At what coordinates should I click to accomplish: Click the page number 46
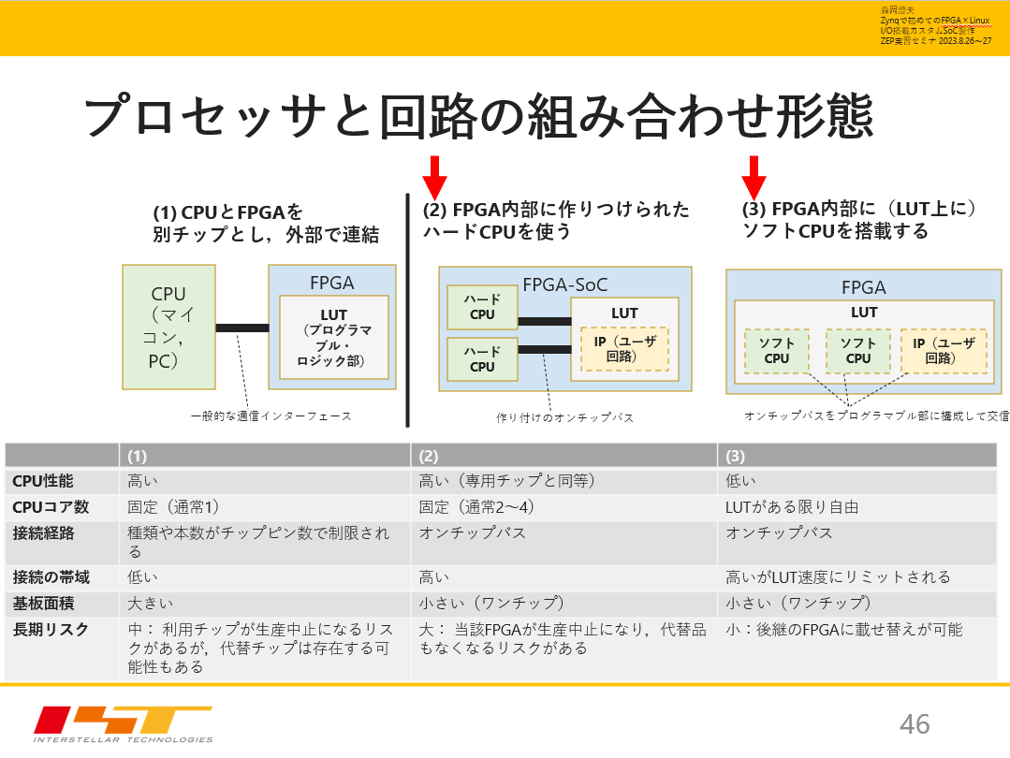click(915, 722)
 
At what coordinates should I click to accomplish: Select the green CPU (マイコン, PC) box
click(168, 327)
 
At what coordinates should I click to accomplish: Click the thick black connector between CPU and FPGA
click(242, 328)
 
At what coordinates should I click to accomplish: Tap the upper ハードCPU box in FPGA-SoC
click(482, 307)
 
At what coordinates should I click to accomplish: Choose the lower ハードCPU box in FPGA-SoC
click(482, 359)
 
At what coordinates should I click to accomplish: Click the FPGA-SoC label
click(564, 284)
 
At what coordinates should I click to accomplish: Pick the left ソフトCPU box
click(776, 351)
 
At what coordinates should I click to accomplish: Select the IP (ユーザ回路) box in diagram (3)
click(944, 351)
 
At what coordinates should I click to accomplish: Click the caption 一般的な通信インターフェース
click(271, 415)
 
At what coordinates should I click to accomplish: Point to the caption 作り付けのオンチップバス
click(564, 417)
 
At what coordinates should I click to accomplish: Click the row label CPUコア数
click(51, 507)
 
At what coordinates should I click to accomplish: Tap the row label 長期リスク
click(51, 630)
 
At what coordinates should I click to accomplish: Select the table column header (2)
click(429, 456)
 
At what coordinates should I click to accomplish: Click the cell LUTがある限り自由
click(792, 507)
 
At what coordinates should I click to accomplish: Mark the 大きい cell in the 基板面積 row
click(151, 603)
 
